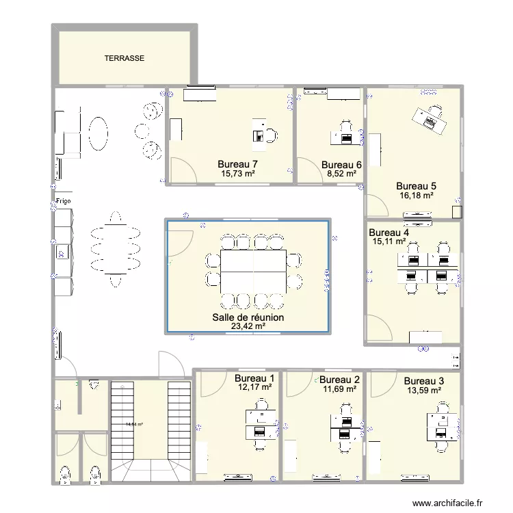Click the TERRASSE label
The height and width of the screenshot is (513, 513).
[124, 59]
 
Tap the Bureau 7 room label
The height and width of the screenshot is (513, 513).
[237, 164]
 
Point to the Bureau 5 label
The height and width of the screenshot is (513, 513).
[417, 185]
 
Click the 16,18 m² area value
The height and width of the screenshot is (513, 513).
[417, 195]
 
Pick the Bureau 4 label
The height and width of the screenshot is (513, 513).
[389, 232]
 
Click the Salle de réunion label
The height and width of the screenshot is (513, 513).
[248, 318]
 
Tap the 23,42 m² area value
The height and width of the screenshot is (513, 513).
[248, 327]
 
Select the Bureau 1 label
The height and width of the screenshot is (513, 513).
[254, 378]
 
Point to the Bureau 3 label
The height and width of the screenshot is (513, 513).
[423, 381]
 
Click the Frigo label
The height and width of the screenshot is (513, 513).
[64, 202]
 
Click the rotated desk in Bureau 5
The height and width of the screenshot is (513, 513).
[430, 119]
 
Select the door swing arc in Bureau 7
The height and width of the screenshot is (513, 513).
[180, 168]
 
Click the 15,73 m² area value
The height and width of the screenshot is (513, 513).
[237, 174]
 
